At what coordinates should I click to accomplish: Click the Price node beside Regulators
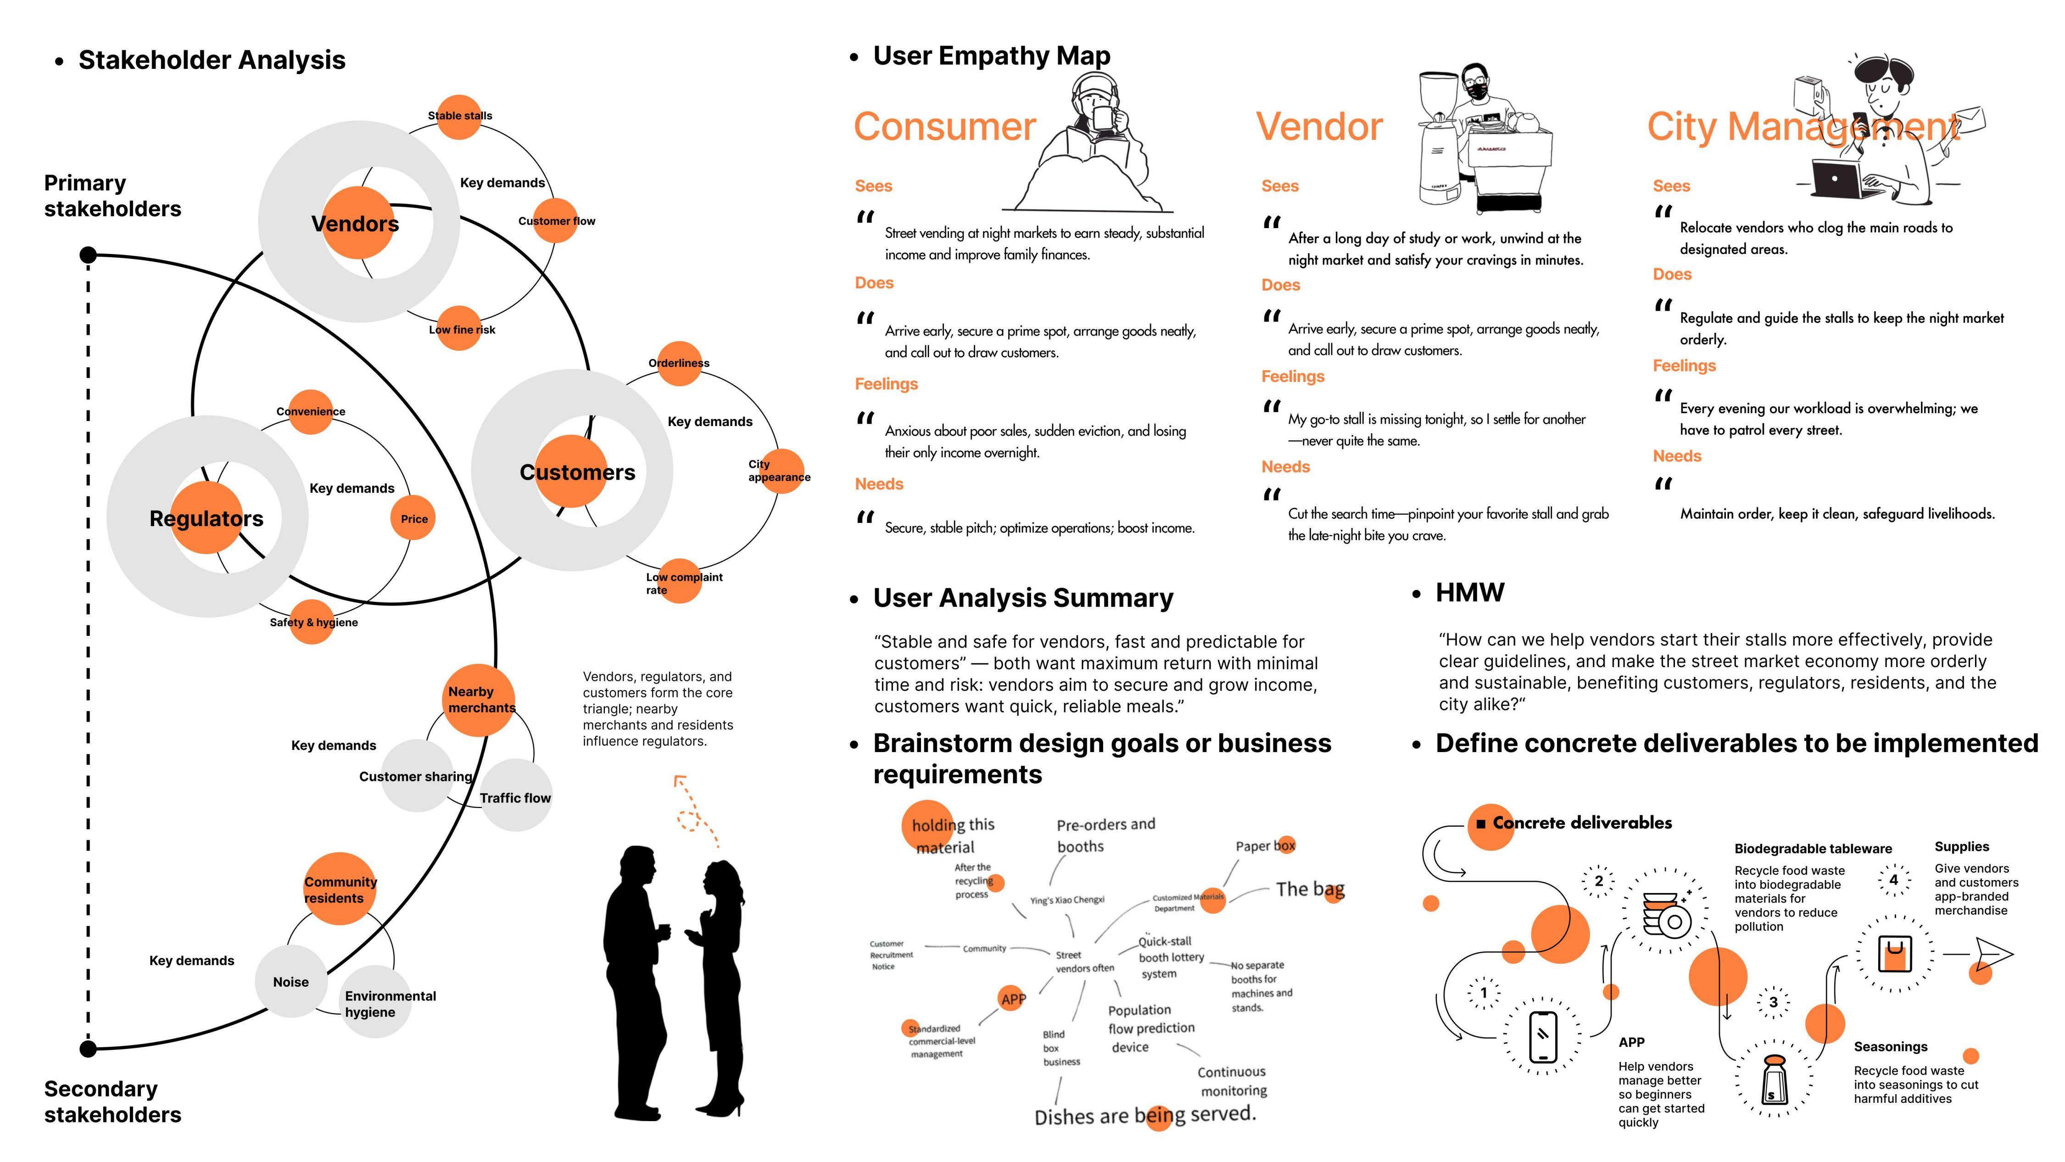(413, 518)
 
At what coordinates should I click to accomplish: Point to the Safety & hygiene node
(312, 622)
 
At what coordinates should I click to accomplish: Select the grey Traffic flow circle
(515, 796)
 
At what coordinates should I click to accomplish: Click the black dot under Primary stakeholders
(88, 255)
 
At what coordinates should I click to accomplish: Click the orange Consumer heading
(944, 127)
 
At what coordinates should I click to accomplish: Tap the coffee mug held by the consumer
(1104, 119)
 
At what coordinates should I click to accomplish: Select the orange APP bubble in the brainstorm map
(1012, 999)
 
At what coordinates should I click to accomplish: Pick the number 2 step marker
(1598, 881)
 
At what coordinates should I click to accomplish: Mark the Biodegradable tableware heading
(1813, 848)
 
